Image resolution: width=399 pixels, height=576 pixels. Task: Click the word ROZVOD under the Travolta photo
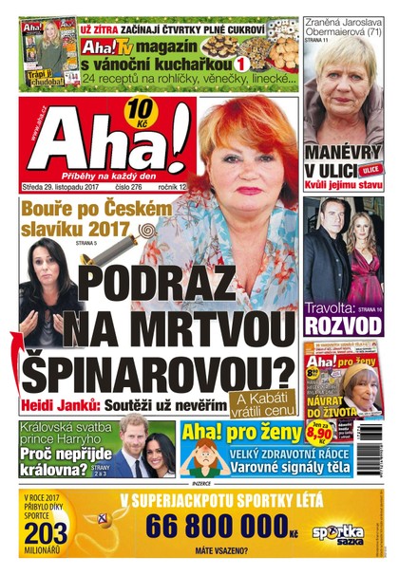click(343, 325)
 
